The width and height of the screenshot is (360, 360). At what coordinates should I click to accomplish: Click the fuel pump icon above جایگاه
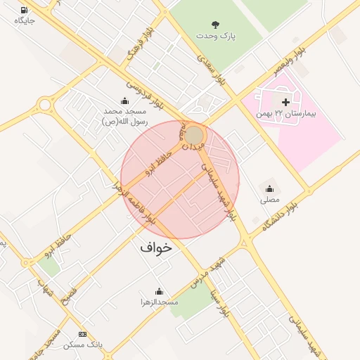click(x=25, y=10)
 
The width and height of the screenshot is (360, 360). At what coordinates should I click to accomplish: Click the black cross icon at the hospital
click(x=285, y=103)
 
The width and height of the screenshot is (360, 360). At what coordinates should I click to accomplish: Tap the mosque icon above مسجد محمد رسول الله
click(x=125, y=101)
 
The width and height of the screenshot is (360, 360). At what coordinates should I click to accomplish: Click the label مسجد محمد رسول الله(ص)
click(x=124, y=117)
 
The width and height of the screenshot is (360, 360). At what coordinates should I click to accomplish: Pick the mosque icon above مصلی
click(x=270, y=188)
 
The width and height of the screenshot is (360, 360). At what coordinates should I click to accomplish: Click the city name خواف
click(x=155, y=247)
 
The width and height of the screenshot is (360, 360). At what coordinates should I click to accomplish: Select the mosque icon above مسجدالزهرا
click(x=159, y=291)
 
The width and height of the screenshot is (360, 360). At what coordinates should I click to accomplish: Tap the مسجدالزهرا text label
click(x=159, y=302)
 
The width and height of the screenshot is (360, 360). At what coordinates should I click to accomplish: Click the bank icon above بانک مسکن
click(x=83, y=334)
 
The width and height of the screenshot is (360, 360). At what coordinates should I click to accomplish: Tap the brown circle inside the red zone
click(x=195, y=134)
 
